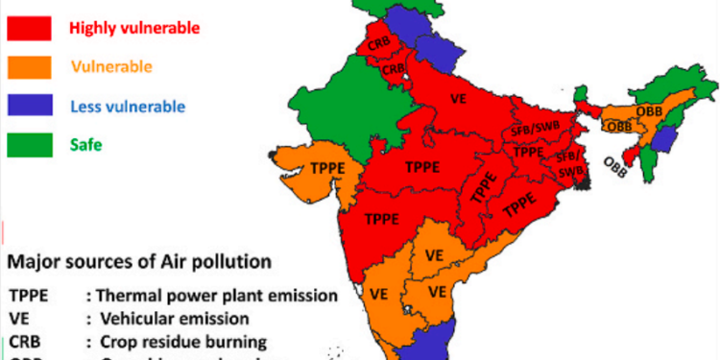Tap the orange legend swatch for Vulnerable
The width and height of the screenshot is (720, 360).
point(29,66)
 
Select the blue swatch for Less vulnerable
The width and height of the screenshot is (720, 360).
point(29,106)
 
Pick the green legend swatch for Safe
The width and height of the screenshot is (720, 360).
point(29,145)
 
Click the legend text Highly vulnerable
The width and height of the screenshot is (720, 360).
point(134,28)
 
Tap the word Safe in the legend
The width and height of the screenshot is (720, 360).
point(86,145)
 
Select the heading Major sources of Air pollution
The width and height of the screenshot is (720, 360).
point(139,260)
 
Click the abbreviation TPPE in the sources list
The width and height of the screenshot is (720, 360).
point(30,296)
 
